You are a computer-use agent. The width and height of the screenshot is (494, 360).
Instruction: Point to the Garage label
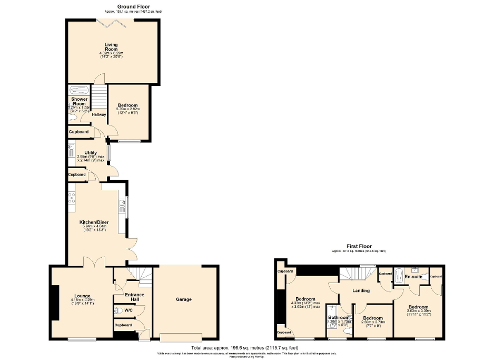[183, 299]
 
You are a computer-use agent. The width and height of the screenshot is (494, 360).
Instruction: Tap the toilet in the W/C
[119, 312]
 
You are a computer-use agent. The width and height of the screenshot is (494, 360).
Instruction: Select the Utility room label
[91, 153]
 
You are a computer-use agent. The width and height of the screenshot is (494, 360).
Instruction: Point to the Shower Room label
[79, 102]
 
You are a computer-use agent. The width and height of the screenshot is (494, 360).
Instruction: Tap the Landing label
[361, 290]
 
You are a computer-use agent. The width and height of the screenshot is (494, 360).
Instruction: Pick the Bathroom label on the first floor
[339, 317]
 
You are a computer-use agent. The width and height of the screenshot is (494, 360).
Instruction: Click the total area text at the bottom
[245, 348]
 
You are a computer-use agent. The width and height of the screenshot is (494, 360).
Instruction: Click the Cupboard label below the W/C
[123, 325]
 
